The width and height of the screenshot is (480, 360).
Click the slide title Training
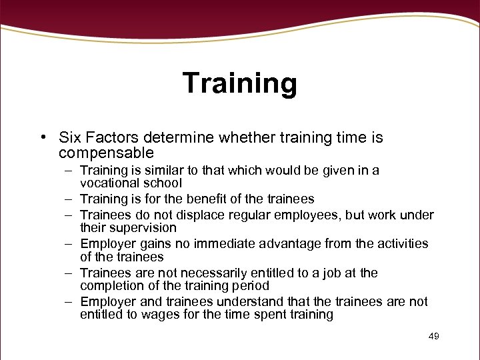tap(239, 83)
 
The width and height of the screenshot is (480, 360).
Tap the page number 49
tap(433, 337)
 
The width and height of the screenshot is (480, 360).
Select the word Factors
tap(108, 138)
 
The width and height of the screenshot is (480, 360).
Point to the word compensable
tap(106, 153)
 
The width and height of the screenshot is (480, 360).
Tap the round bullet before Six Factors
tap(41, 139)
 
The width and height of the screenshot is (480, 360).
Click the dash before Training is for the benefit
tap(69, 199)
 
